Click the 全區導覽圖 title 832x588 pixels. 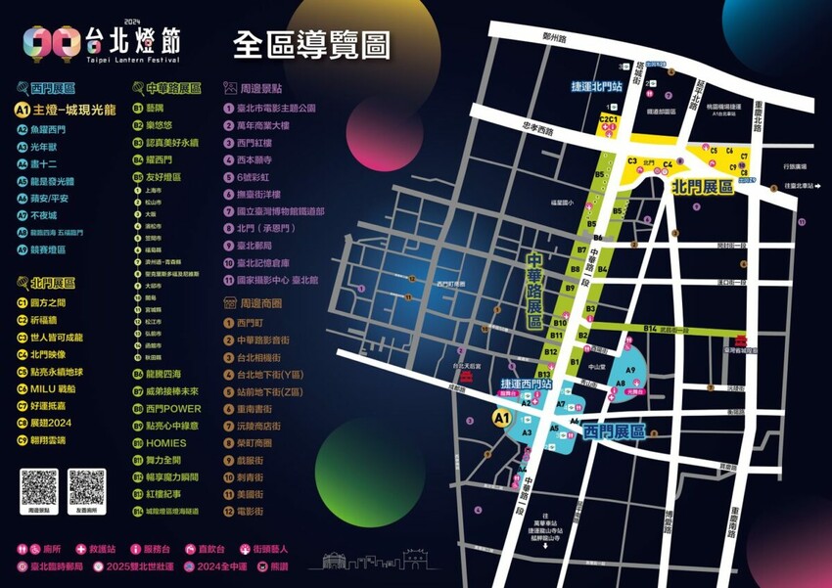(311, 44)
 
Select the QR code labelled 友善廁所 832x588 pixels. (86, 486)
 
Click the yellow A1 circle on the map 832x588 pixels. (502, 418)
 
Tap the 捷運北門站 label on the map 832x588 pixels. (597, 85)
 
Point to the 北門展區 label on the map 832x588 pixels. (703, 185)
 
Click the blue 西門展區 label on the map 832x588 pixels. (614, 430)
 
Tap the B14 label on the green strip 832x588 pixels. (650, 328)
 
